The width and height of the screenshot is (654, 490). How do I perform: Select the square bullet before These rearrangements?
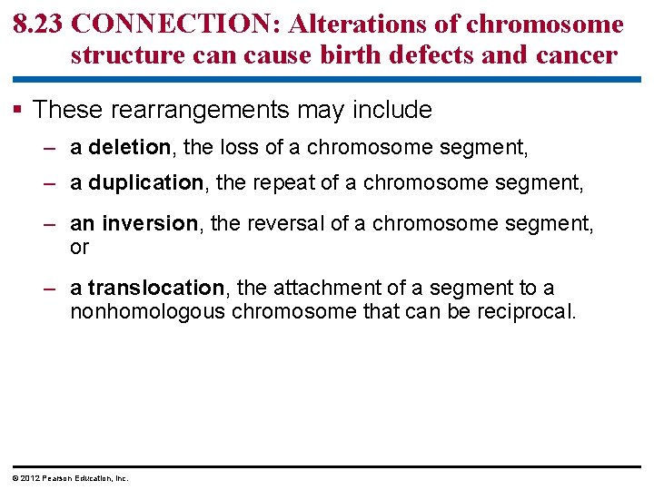(x=20, y=111)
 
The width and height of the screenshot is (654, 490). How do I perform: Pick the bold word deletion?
(x=129, y=147)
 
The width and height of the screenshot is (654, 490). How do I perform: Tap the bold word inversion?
(x=149, y=223)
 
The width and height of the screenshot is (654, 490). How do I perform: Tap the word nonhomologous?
(x=147, y=312)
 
